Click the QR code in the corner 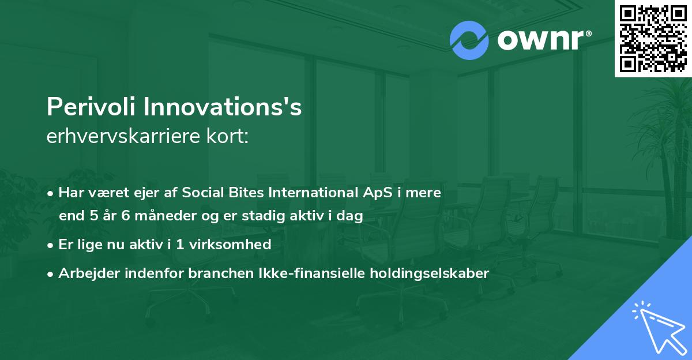[x=653, y=39]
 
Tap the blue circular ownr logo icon [x=469, y=40]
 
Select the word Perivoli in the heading [x=91, y=108]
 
